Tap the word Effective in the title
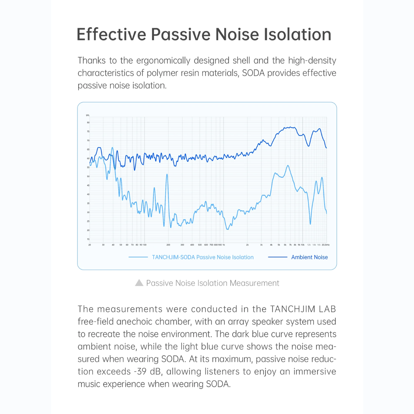tap(111, 34)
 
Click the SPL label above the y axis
tap(88, 115)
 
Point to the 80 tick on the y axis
tap(88, 122)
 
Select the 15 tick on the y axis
tap(88, 239)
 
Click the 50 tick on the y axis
tap(88, 176)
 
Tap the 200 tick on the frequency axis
tap(168, 245)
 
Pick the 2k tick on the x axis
tap(247, 245)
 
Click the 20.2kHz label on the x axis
tap(325, 245)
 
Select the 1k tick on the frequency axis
tap(224, 245)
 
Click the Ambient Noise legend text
tap(309, 257)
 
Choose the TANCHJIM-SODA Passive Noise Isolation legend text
tap(203, 257)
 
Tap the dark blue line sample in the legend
tap(277, 257)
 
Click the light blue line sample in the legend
tap(138, 257)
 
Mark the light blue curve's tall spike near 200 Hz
tap(167, 175)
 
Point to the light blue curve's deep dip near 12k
tap(310, 224)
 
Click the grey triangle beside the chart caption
tap(139, 283)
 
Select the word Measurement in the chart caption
tap(254, 283)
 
